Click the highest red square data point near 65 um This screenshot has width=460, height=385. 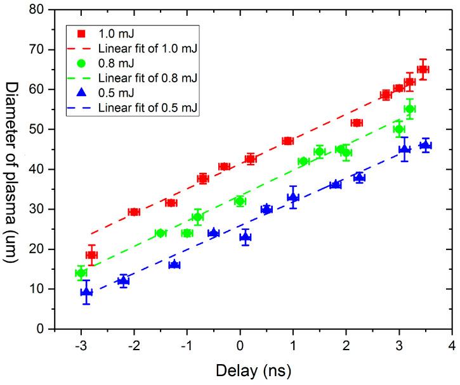[x=423, y=69]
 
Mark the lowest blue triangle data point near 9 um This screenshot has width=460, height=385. [x=86, y=292]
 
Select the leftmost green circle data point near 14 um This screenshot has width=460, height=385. [x=81, y=273]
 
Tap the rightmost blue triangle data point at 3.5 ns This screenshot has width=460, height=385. [x=425, y=146]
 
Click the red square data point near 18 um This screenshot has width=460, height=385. [x=91, y=255]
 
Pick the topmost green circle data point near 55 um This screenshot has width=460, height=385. [x=410, y=109]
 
